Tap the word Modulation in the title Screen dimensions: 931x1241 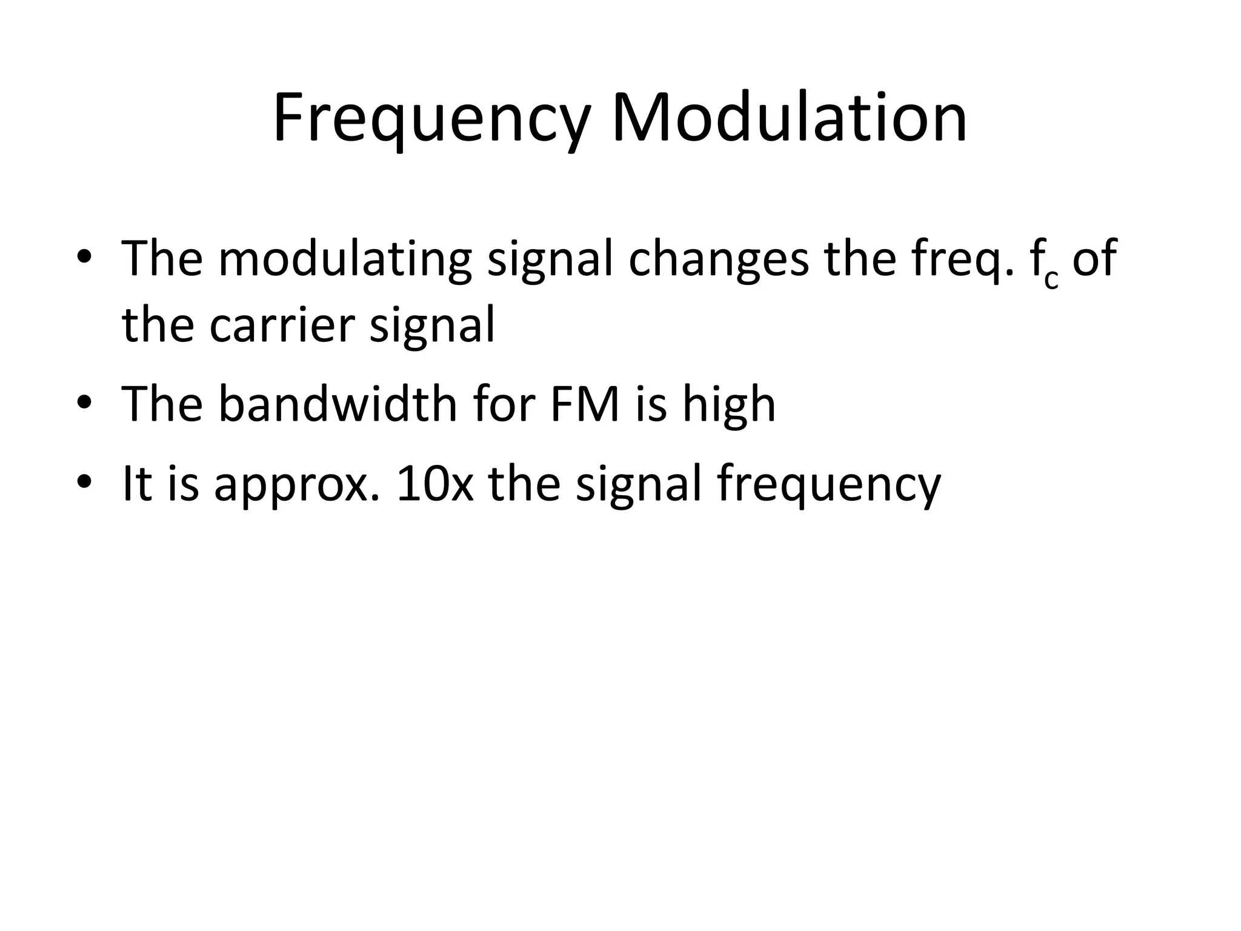tap(789, 118)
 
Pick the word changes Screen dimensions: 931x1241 tap(719, 259)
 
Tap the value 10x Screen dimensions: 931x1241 tap(434, 483)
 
